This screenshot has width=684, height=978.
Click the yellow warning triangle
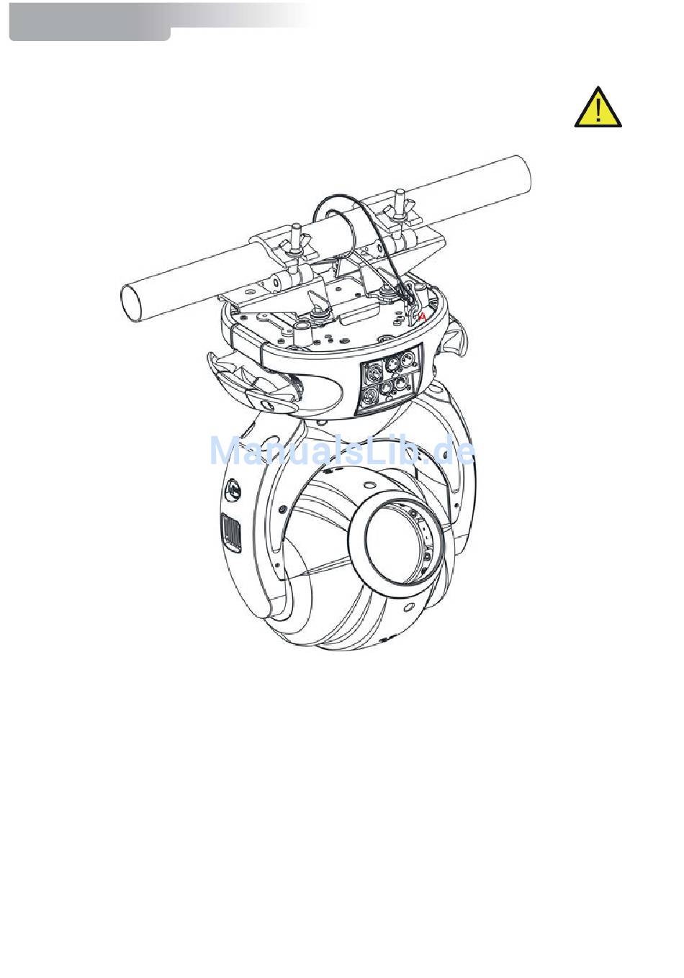tap(598, 107)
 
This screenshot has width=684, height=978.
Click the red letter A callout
tap(422, 317)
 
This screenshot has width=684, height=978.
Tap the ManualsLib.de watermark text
tap(343, 450)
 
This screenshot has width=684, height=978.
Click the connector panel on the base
tap(390, 378)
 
